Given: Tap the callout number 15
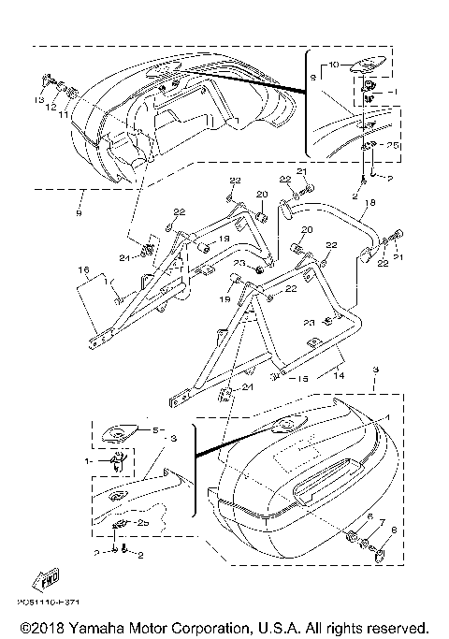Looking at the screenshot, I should [301, 380].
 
